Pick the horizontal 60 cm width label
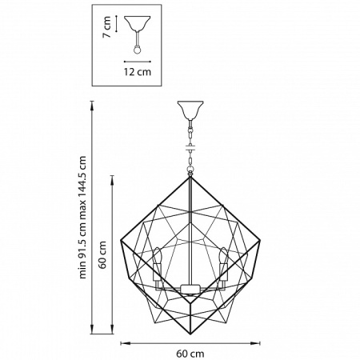coord(190,353)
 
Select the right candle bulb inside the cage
coord(222,258)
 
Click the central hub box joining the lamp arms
coord(190,288)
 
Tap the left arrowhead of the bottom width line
coord(122,342)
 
